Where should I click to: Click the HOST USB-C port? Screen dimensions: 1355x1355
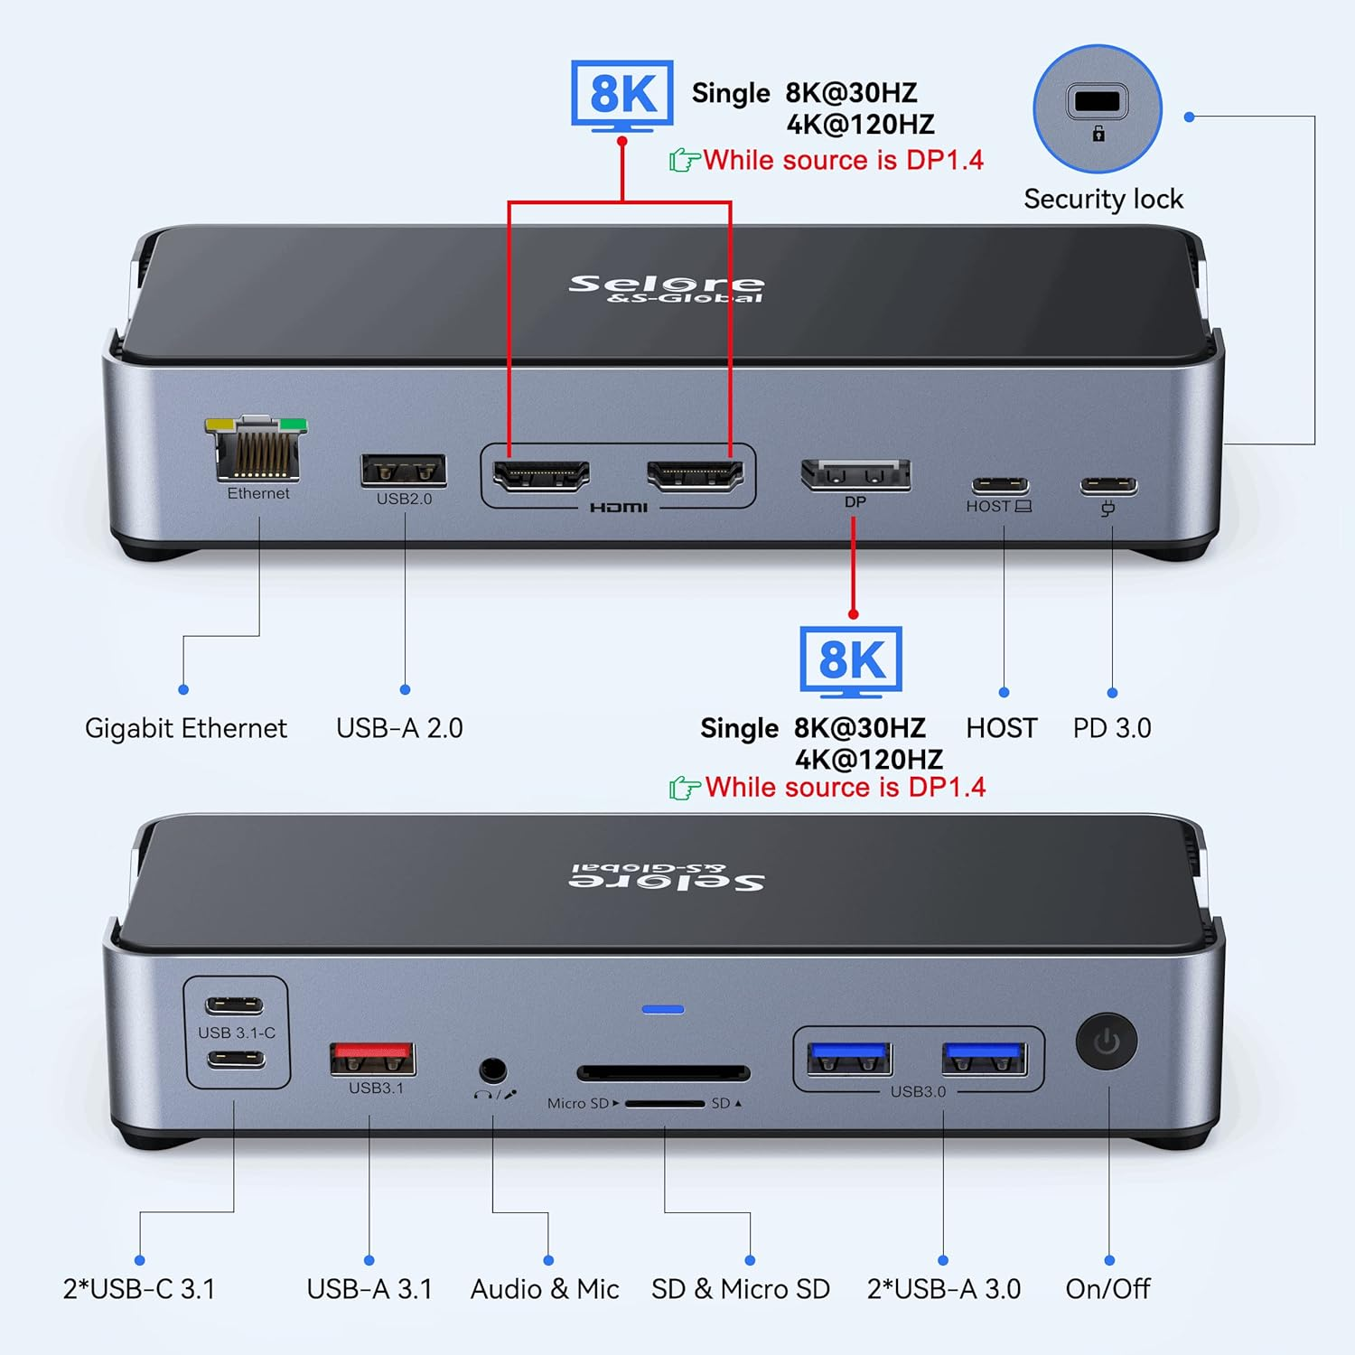[x=1000, y=485]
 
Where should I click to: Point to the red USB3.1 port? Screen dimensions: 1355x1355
[x=373, y=1058]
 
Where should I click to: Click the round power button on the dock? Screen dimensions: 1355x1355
[x=1107, y=1042]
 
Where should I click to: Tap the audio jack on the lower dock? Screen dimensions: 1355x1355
[x=492, y=1070]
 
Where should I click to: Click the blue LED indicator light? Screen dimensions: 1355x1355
[x=663, y=1009]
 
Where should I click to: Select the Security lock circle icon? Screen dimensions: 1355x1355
[x=1098, y=109]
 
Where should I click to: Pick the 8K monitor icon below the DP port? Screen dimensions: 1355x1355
[x=851, y=661]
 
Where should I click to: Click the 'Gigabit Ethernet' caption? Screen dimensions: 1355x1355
[x=186, y=728]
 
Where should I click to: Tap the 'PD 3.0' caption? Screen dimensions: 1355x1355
[x=1112, y=728]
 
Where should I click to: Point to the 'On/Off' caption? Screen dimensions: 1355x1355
[x=1107, y=1289]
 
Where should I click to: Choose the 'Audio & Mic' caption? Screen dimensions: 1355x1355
[x=545, y=1289]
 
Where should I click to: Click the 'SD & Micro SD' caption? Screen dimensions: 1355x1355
[x=741, y=1289]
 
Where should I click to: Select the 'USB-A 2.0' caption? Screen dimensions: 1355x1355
[x=399, y=728]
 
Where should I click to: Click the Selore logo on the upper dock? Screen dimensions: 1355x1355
[x=667, y=288]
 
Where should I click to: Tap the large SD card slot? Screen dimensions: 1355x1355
[x=664, y=1073]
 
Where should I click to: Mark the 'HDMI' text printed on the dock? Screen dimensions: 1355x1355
[x=619, y=508]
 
